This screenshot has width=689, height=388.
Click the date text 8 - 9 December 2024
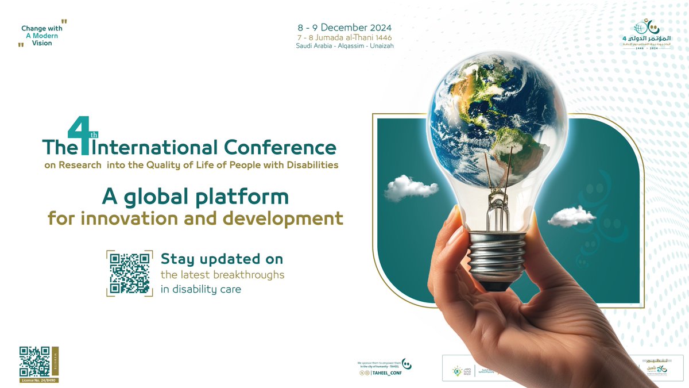pyautogui.click(x=344, y=28)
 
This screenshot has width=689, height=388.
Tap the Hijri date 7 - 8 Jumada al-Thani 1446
pyautogui.click(x=344, y=37)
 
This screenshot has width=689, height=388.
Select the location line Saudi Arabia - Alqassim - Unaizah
pyautogui.click(x=344, y=46)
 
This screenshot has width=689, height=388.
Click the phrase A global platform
pyautogui.click(x=195, y=197)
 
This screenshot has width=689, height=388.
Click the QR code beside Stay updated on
pyautogui.click(x=130, y=273)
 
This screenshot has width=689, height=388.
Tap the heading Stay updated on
pyautogui.click(x=222, y=259)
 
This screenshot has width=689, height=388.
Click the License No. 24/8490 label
pyautogui.click(x=38, y=381)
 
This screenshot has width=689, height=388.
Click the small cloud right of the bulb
pyautogui.click(x=571, y=216)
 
